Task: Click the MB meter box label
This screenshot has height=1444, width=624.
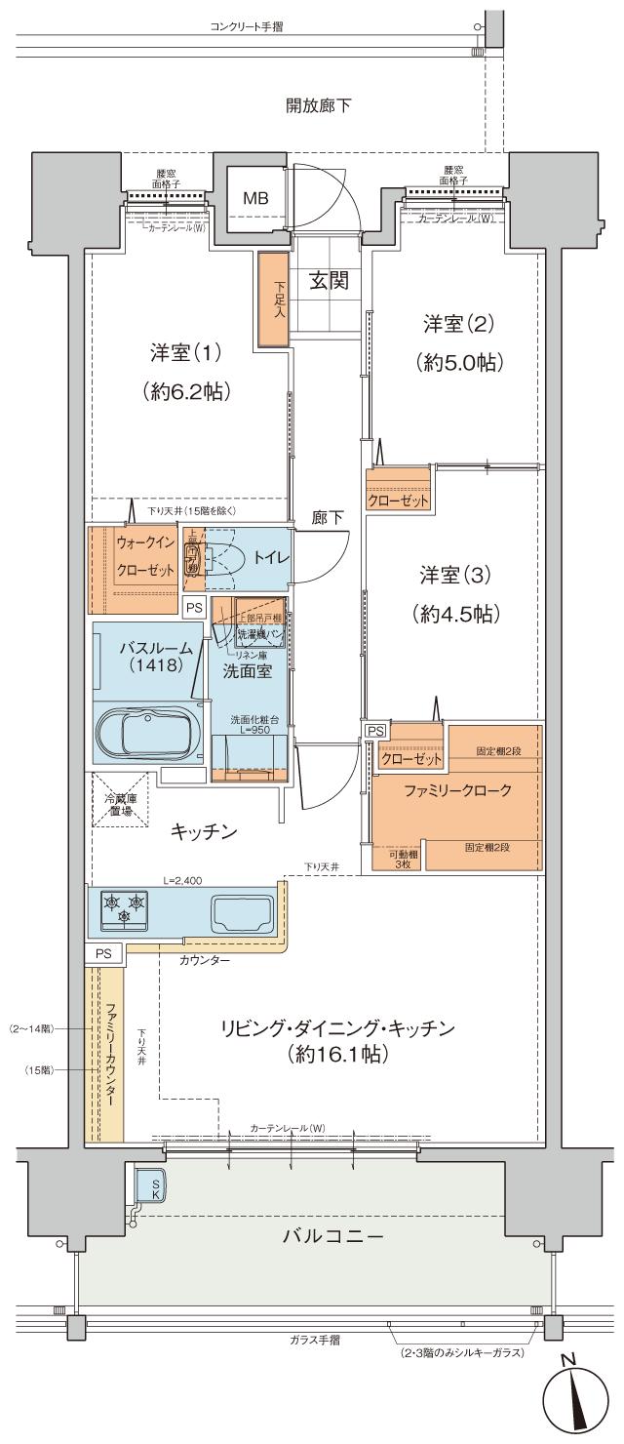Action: [x=255, y=198]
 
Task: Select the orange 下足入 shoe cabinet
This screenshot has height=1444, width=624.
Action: [x=273, y=298]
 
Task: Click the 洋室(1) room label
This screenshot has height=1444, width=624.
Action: [x=185, y=352]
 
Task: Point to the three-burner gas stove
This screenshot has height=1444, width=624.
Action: [x=124, y=907]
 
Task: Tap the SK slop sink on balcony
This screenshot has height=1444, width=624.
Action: [x=150, y=1184]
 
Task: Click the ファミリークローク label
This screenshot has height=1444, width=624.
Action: [x=457, y=791]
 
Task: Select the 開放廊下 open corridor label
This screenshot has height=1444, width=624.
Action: [x=319, y=104]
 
